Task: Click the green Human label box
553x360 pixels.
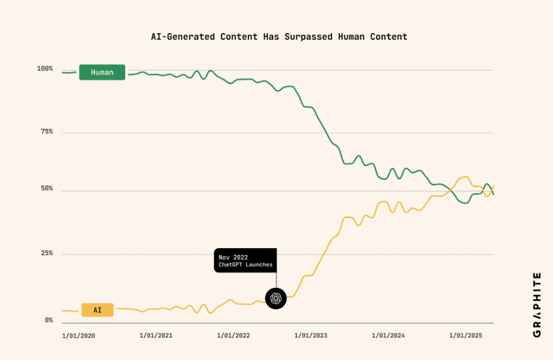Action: pos(102,72)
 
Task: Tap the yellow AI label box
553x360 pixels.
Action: pos(97,310)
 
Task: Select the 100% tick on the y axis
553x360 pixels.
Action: pos(45,69)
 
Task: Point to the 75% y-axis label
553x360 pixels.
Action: pos(47,132)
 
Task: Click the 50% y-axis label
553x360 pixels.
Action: pos(47,188)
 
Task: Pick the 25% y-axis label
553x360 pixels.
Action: pos(47,253)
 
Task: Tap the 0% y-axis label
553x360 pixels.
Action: pos(49,320)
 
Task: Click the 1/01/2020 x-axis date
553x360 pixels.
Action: pos(78,336)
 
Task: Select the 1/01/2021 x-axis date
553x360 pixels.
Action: pos(156,336)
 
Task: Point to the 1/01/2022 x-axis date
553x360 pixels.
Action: pos(233,336)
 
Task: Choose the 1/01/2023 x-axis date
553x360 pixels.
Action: pos(310,336)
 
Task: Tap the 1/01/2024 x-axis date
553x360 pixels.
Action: pos(388,336)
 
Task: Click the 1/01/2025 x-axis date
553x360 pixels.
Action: pos(466,336)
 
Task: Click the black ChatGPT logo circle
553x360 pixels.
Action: pos(276,299)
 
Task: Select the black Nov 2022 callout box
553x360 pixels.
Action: pos(245,261)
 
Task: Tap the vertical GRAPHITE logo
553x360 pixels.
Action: pos(537,305)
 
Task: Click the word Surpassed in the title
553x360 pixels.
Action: pos(309,37)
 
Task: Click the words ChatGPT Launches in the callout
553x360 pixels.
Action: pos(246,265)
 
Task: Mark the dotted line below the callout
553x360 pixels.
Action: pos(276,281)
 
